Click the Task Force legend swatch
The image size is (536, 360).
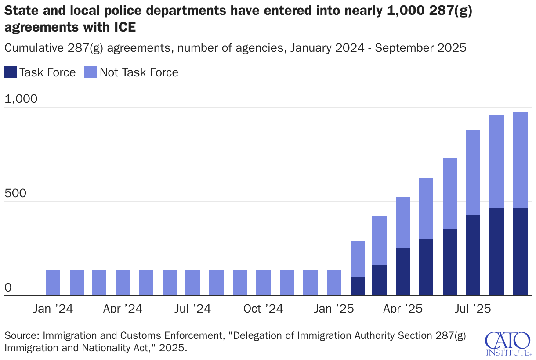tap(11, 72)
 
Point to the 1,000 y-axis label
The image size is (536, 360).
tap(21, 100)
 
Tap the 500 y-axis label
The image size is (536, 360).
tap(16, 194)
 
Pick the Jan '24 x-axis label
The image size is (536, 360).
tap(53, 309)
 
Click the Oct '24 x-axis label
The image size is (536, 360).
tap(263, 309)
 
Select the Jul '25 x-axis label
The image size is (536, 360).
tap(473, 309)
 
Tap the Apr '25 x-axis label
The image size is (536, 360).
tap(403, 309)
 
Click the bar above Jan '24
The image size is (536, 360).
tap(53, 283)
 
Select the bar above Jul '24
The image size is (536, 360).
tap(192, 283)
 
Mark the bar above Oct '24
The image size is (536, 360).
tap(263, 283)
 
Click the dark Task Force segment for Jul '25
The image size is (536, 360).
tap(473, 256)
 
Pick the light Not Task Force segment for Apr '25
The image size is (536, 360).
tap(403, 223)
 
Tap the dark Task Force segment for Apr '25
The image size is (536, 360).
tap(403, 272)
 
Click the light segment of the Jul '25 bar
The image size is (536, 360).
tap(473, 173)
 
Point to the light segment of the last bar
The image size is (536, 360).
tap(520, 160)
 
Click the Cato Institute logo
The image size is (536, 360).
tap(507, 344)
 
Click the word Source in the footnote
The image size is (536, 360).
tap(21, 336)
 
